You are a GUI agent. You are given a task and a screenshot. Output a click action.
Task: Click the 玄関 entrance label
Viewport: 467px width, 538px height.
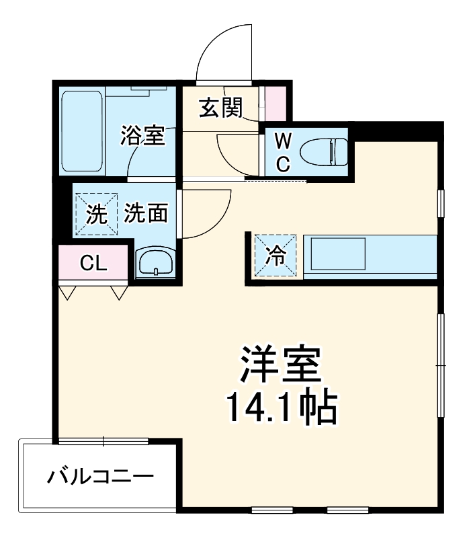pos(220,107)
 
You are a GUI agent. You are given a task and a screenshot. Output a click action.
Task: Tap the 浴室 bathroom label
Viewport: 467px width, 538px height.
pos(142,135)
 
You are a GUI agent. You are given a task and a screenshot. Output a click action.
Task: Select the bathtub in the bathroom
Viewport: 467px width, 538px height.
pos(83,132)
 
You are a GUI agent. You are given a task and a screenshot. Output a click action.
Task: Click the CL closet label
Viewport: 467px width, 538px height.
pos(93,263)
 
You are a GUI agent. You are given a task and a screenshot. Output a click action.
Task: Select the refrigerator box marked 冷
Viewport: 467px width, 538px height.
pos(275,255)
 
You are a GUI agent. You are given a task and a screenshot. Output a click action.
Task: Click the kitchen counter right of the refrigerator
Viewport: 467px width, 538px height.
pos(370,256)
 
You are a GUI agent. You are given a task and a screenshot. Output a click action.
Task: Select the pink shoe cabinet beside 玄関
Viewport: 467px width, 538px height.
pos(275,102)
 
